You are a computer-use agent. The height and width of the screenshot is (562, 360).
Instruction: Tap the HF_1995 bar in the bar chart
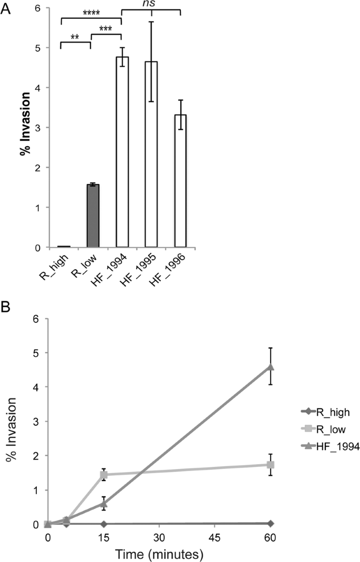click(151, 158)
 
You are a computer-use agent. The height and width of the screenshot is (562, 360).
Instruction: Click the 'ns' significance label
click(151, 4)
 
